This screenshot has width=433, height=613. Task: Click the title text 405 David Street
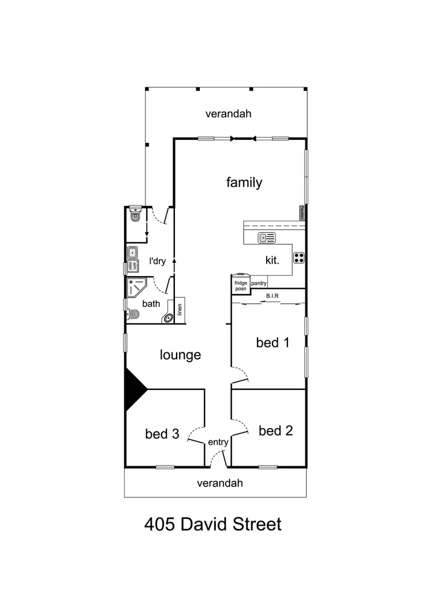tap(212, 525)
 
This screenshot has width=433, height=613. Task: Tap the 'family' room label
tap(244, 183)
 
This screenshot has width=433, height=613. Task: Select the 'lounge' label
tap(180, 355)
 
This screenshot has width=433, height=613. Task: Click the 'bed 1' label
tap(273, 343)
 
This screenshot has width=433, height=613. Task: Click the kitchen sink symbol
tap(267, 237)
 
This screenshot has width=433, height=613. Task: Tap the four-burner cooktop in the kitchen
tap(299, 257)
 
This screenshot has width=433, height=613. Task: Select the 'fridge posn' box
tap(240, 285)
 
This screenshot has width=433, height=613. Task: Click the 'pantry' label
tap(259, 283)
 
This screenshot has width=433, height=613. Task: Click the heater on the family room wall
tap(302, 213)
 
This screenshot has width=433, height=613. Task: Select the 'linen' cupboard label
tap(180, 310)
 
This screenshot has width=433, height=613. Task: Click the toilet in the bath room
tap(132, 315)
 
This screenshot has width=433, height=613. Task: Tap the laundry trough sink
tap(132, 252)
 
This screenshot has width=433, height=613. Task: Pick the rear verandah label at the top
tap(229, 114)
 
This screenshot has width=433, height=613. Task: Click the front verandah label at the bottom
tap(220, 483)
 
